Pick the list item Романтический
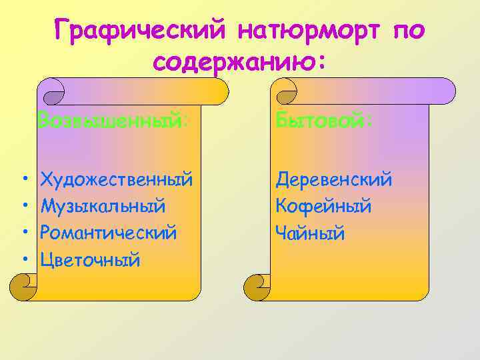coord(109,233)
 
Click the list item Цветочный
coord(91,259)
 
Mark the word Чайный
coord(310,233)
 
